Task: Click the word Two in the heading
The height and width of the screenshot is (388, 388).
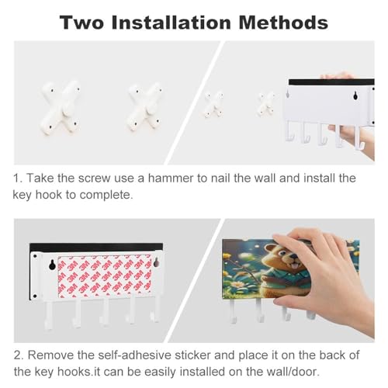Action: pos(81,23)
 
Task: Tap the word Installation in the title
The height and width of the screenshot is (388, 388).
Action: pos(171,23)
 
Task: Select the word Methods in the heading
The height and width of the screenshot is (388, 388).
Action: pos(283,23)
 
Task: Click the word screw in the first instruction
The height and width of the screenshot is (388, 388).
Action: pos(94,178)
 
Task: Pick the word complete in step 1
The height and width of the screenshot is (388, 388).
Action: pos(106,196)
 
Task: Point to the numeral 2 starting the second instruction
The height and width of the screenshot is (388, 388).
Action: pos(19,355)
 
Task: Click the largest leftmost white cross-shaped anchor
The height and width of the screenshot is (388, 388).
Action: pos(61,107)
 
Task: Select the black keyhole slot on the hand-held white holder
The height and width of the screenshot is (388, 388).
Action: pos(355,95)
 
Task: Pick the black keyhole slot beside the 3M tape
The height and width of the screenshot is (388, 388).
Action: pos(52,265)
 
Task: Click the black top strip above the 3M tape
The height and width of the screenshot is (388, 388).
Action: pos(96,247)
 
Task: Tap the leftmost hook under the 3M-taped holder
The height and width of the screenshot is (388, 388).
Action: pos(49,316)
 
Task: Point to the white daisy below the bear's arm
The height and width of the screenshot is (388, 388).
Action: pos(237,284)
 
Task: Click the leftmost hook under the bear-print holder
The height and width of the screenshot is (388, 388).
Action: pos(233,311)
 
